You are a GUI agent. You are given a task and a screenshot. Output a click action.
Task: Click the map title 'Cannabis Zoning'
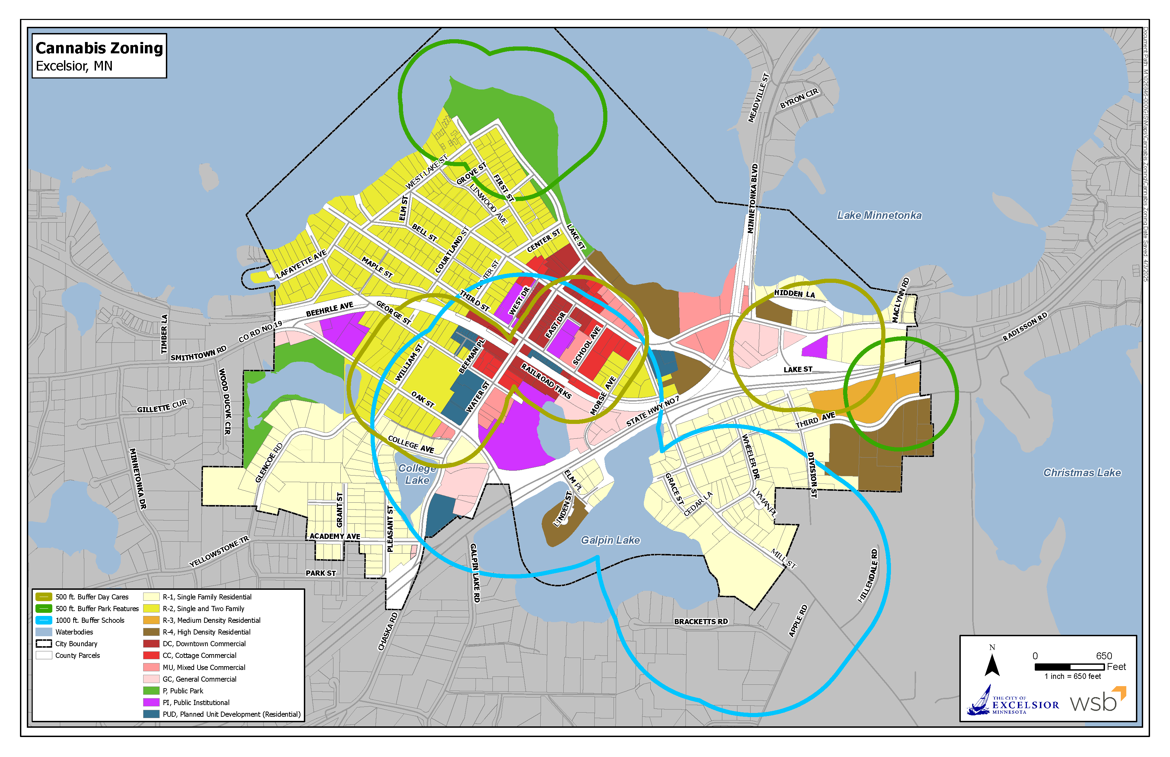(99, 48)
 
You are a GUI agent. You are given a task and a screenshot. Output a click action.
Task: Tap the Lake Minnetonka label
(879, 215)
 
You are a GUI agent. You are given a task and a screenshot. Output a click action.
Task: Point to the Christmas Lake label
(1082, 472)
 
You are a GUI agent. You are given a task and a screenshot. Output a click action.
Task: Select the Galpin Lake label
(610, 540)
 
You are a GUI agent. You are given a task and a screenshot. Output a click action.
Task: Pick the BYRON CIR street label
(799, 98)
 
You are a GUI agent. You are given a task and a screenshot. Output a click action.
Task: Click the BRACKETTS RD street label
(701, 622)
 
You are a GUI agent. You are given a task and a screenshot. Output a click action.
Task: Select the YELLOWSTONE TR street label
(219, 552)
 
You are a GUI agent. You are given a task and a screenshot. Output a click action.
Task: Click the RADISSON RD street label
(1025, 327)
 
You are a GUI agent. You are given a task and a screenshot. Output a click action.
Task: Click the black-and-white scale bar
(1069, 667)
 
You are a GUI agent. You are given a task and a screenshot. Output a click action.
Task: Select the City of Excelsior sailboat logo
(980, 701)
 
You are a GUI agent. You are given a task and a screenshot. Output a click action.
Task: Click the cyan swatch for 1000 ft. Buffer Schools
(44, 620)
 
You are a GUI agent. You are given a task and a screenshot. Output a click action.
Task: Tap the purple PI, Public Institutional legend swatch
(151, 702)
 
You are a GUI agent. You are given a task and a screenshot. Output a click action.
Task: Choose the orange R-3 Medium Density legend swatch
(151, 620)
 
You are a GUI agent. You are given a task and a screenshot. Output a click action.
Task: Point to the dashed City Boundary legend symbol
(44, 644)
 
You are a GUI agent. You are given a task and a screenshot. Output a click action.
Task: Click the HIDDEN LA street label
(795, 294)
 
